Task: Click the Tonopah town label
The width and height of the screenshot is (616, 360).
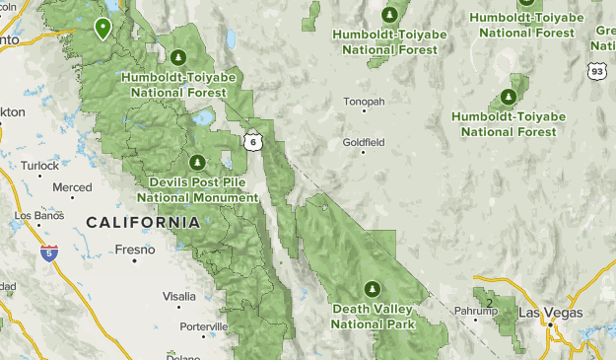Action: click(x=364, y=102)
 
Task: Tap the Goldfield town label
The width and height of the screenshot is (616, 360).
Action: click(x=364, y=142)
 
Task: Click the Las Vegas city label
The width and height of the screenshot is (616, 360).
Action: click(x=550, y=313)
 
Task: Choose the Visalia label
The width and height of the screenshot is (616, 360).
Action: click(x=178, y=296)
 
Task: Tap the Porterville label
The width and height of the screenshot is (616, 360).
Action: click(x=204, y=326)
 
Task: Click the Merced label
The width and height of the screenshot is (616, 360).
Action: click(x=72, y=187)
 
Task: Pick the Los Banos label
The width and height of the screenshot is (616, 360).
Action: click(x=37, y=214)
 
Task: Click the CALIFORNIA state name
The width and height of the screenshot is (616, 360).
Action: click(x=143, y=223)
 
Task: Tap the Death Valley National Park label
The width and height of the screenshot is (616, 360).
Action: click(x=373, y=316)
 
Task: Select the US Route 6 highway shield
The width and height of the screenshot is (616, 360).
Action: click(x=253, y=141)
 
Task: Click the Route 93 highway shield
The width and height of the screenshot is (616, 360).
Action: click(x=595, y=71)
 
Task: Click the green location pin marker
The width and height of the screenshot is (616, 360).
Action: click(x=103, y=27)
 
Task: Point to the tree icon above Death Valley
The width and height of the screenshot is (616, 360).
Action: click(x=373, y=288)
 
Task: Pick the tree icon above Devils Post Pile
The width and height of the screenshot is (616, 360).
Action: click(x=197, y=162)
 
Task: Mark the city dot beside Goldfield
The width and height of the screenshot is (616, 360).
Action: click(x=364, y=152)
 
